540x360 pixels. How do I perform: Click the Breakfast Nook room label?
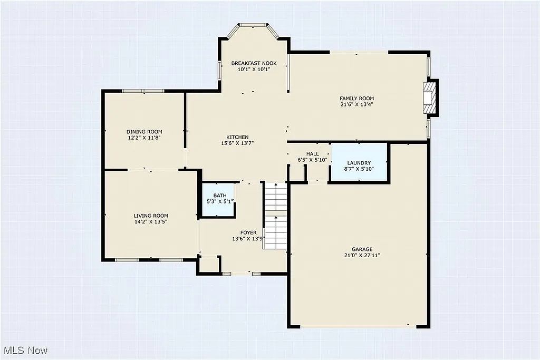tap(254, 63)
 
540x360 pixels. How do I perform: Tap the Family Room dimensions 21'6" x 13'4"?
tap(356, 104)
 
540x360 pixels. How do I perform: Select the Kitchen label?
tap(237, 137)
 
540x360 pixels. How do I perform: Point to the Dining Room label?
tap(144, 132)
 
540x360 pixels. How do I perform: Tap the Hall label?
tap(312, 154)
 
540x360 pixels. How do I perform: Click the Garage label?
tap(362, 249)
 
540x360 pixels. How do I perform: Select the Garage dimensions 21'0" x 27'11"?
tap(362, 255)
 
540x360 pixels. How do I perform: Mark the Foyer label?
tap(248, 232)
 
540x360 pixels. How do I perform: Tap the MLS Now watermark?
tap(26, 351)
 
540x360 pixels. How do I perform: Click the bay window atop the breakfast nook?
tap(254, 25)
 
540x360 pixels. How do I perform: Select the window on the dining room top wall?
tap(143, 91)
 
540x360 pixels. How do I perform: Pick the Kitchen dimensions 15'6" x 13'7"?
tap(237, 143)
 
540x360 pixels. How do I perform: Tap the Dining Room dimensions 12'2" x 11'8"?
tap(144, 138)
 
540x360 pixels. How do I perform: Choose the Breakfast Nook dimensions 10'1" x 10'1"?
tap(254, 69)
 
